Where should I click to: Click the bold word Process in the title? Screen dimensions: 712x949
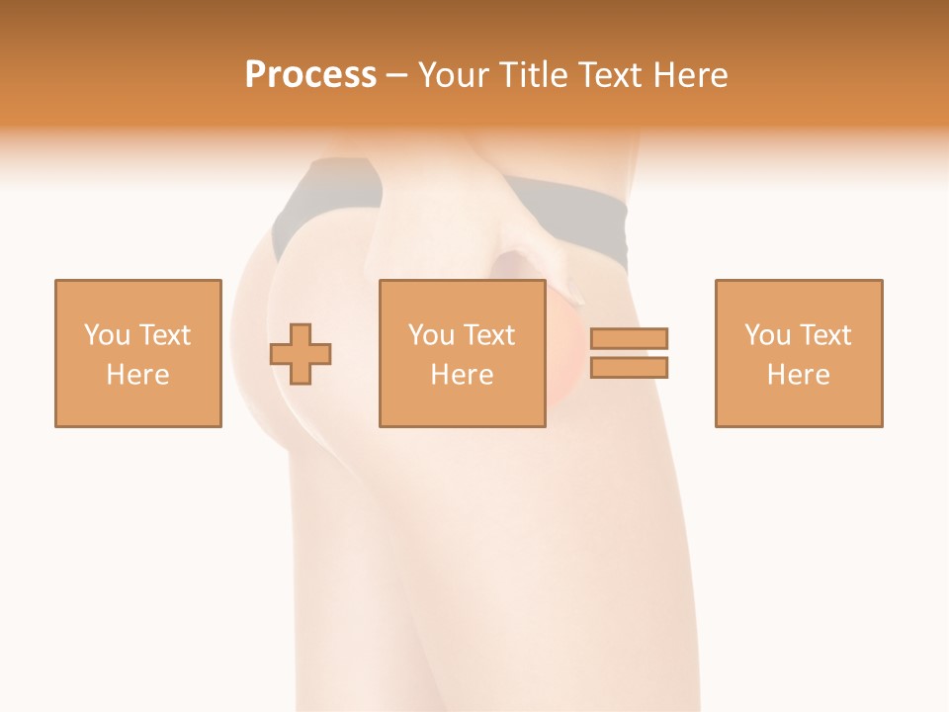pos(310,75)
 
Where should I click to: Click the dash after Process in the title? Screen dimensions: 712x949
pos(396,76)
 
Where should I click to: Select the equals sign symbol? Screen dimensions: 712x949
pos(630,353)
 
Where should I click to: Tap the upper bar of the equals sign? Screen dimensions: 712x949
pos(630,339)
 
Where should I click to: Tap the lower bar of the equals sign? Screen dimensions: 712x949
pos(630,367)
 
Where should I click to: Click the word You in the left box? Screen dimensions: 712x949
pos(107,335)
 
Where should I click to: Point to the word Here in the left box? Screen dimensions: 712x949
pos(138,375)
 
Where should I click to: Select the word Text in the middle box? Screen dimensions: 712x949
pos(489,335)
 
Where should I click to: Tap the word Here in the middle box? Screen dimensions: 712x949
pos(463,375)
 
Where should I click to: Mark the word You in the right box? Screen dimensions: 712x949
pos(767,335)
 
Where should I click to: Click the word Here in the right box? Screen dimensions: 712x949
pos(799,375)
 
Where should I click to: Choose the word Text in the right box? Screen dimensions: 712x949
pos(825,335)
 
